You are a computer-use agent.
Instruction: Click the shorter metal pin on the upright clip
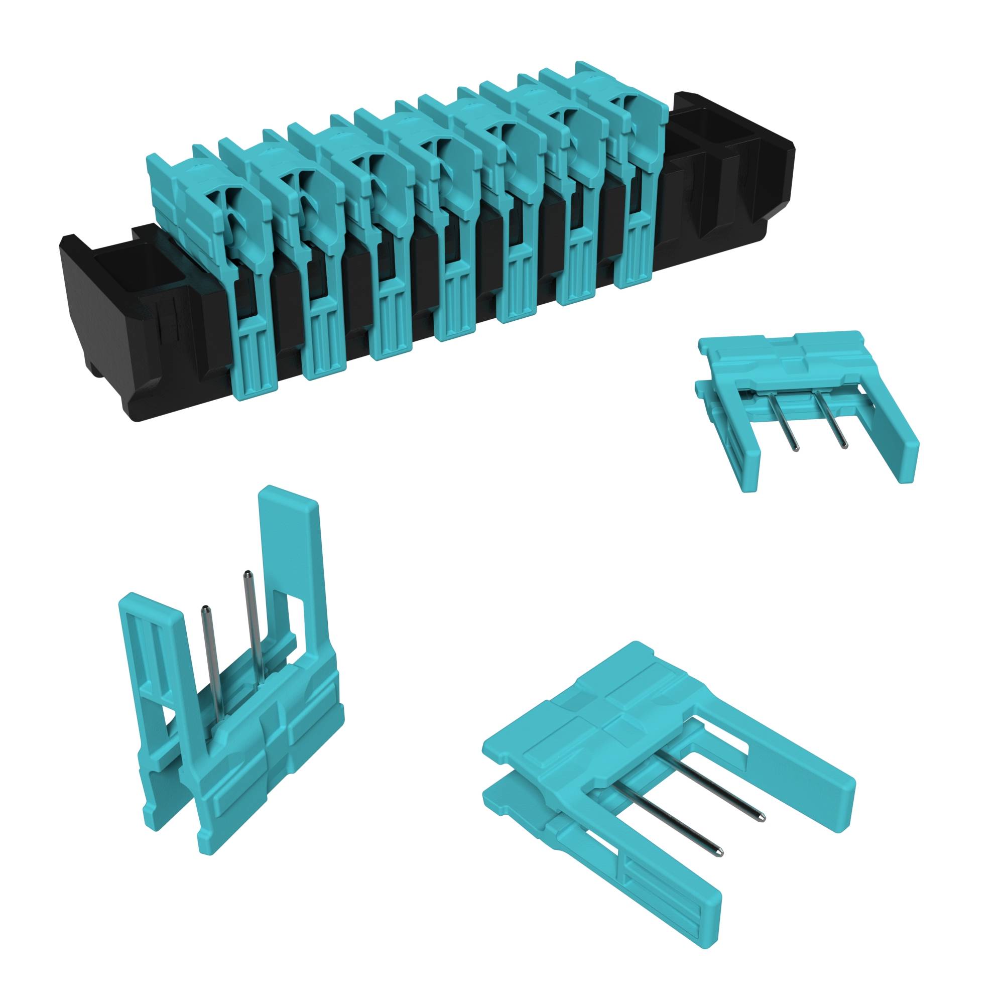coord(208,655)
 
